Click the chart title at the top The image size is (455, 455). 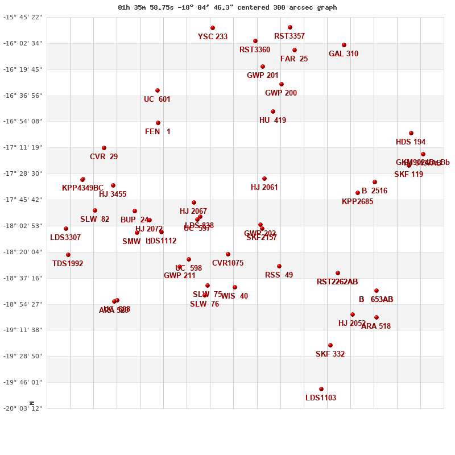coord(227,7)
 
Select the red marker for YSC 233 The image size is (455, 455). coord(213,28)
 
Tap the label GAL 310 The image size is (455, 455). coord(344,54)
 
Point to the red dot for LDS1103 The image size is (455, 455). coord(321,389)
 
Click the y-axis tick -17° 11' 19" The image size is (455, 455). coord(23,147)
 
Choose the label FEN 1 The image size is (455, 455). coord(158,132)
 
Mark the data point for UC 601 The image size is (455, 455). coord(158,90)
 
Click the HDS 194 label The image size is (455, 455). coord(411,142)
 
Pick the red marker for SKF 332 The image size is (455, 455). coord(330,345)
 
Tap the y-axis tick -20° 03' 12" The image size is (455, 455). coord(23,408)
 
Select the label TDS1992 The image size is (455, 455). coord(68,264)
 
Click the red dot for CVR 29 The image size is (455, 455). coord(104,148)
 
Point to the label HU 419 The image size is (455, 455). coord(273,121)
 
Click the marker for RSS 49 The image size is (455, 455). coord(279,266)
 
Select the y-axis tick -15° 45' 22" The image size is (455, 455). coord(23,17)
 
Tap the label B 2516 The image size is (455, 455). coord(374,191)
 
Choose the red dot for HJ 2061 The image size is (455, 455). coord(264,179)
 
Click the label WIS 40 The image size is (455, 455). coord(234,296)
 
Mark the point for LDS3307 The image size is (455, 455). coord(66,229)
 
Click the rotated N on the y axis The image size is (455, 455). coord(32,403)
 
